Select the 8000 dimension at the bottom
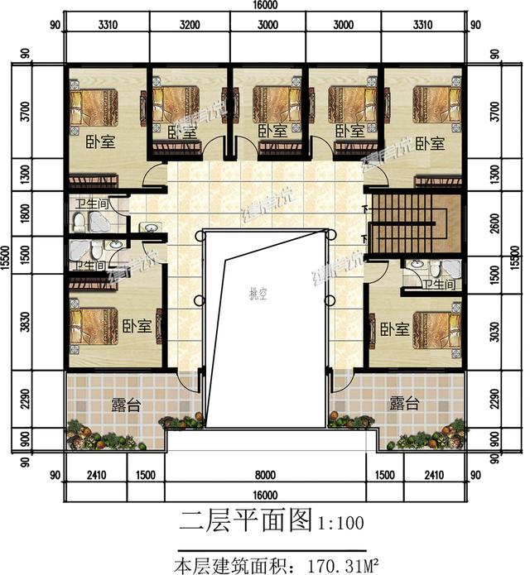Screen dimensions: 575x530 point(264,476)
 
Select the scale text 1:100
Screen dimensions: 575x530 point(340,522)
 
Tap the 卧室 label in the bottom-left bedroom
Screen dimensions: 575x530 point(136,325)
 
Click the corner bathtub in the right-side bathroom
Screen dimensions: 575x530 point(450,268)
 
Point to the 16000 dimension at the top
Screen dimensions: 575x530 point(264,6)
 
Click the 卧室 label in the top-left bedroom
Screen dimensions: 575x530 point(99,141)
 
